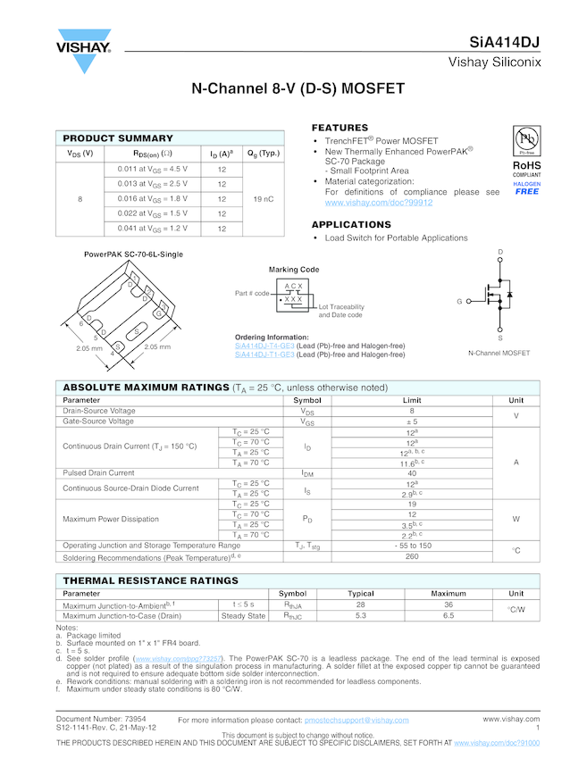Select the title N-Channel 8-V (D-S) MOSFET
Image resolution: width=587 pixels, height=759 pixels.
pos(298,89)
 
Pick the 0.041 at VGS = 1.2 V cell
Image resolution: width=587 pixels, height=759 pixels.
pos(153,229)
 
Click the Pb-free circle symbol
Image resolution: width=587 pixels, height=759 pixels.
pos(526,140)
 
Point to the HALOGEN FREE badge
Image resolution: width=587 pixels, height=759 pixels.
pos(526,188)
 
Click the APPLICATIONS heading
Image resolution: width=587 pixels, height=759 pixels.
pos(351,224)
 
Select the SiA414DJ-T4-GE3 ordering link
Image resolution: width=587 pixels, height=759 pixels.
pos(264,345)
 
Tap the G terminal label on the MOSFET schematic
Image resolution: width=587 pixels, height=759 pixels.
pos(458,302)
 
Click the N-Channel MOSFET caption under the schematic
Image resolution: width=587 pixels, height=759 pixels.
pos(499,353)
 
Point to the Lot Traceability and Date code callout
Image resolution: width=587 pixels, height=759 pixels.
pos(340,311)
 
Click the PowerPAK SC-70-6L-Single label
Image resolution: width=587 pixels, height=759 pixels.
pos(133,254)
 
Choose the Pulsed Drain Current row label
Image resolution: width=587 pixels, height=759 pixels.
pos(98,472)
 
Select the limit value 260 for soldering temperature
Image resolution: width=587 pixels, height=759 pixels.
pos(412,556)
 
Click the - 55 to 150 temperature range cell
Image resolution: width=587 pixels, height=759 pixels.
pos(412,545)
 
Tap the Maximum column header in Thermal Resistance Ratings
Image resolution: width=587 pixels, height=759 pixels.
pos(449,593)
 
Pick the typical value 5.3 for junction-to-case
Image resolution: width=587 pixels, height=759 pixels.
pos(361,615)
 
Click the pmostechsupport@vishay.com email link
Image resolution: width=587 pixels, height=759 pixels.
pos(356,720)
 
